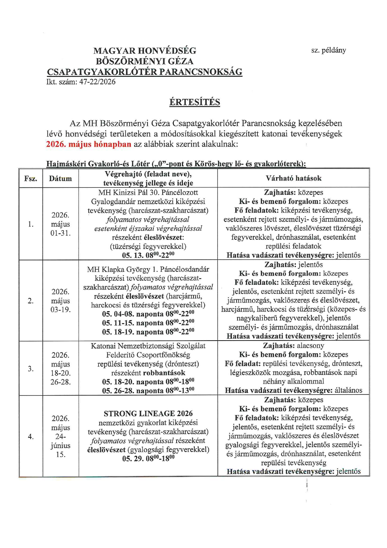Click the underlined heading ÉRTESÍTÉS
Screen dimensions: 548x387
(x=194, y=102)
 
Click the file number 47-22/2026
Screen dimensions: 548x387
(x=97, y=82)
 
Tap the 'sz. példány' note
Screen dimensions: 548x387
(x=328, y=50)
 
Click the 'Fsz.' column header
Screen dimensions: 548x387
(x=31, y=179)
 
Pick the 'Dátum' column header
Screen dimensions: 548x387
(x=60, y=179)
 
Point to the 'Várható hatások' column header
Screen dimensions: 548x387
(x=293, y=178)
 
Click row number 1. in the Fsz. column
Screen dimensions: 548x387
(x=31, y=224)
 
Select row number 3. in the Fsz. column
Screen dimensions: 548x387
(x=31, y=369)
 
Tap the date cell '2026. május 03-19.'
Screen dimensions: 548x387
(x=61, y=301)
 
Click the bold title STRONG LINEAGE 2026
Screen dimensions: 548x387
(x=148, y=414)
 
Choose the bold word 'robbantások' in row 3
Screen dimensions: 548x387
(x=164, y=373)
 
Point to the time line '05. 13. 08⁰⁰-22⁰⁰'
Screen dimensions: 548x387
(x=148, y=255)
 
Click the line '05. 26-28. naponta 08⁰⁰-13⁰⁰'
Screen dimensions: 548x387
(x=148, y=391)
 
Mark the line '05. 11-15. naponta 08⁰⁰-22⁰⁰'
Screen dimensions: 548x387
(x=148, y=323)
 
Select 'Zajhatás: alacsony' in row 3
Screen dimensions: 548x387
(x=293, y=346)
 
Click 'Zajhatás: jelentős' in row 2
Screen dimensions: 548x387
(x=293, y=265)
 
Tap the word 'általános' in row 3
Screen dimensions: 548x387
(x=348, y=390)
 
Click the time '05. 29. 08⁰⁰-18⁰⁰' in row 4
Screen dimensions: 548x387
(x=148, y=459)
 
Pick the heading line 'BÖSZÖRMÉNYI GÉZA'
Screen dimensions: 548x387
(x=145, y=61)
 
